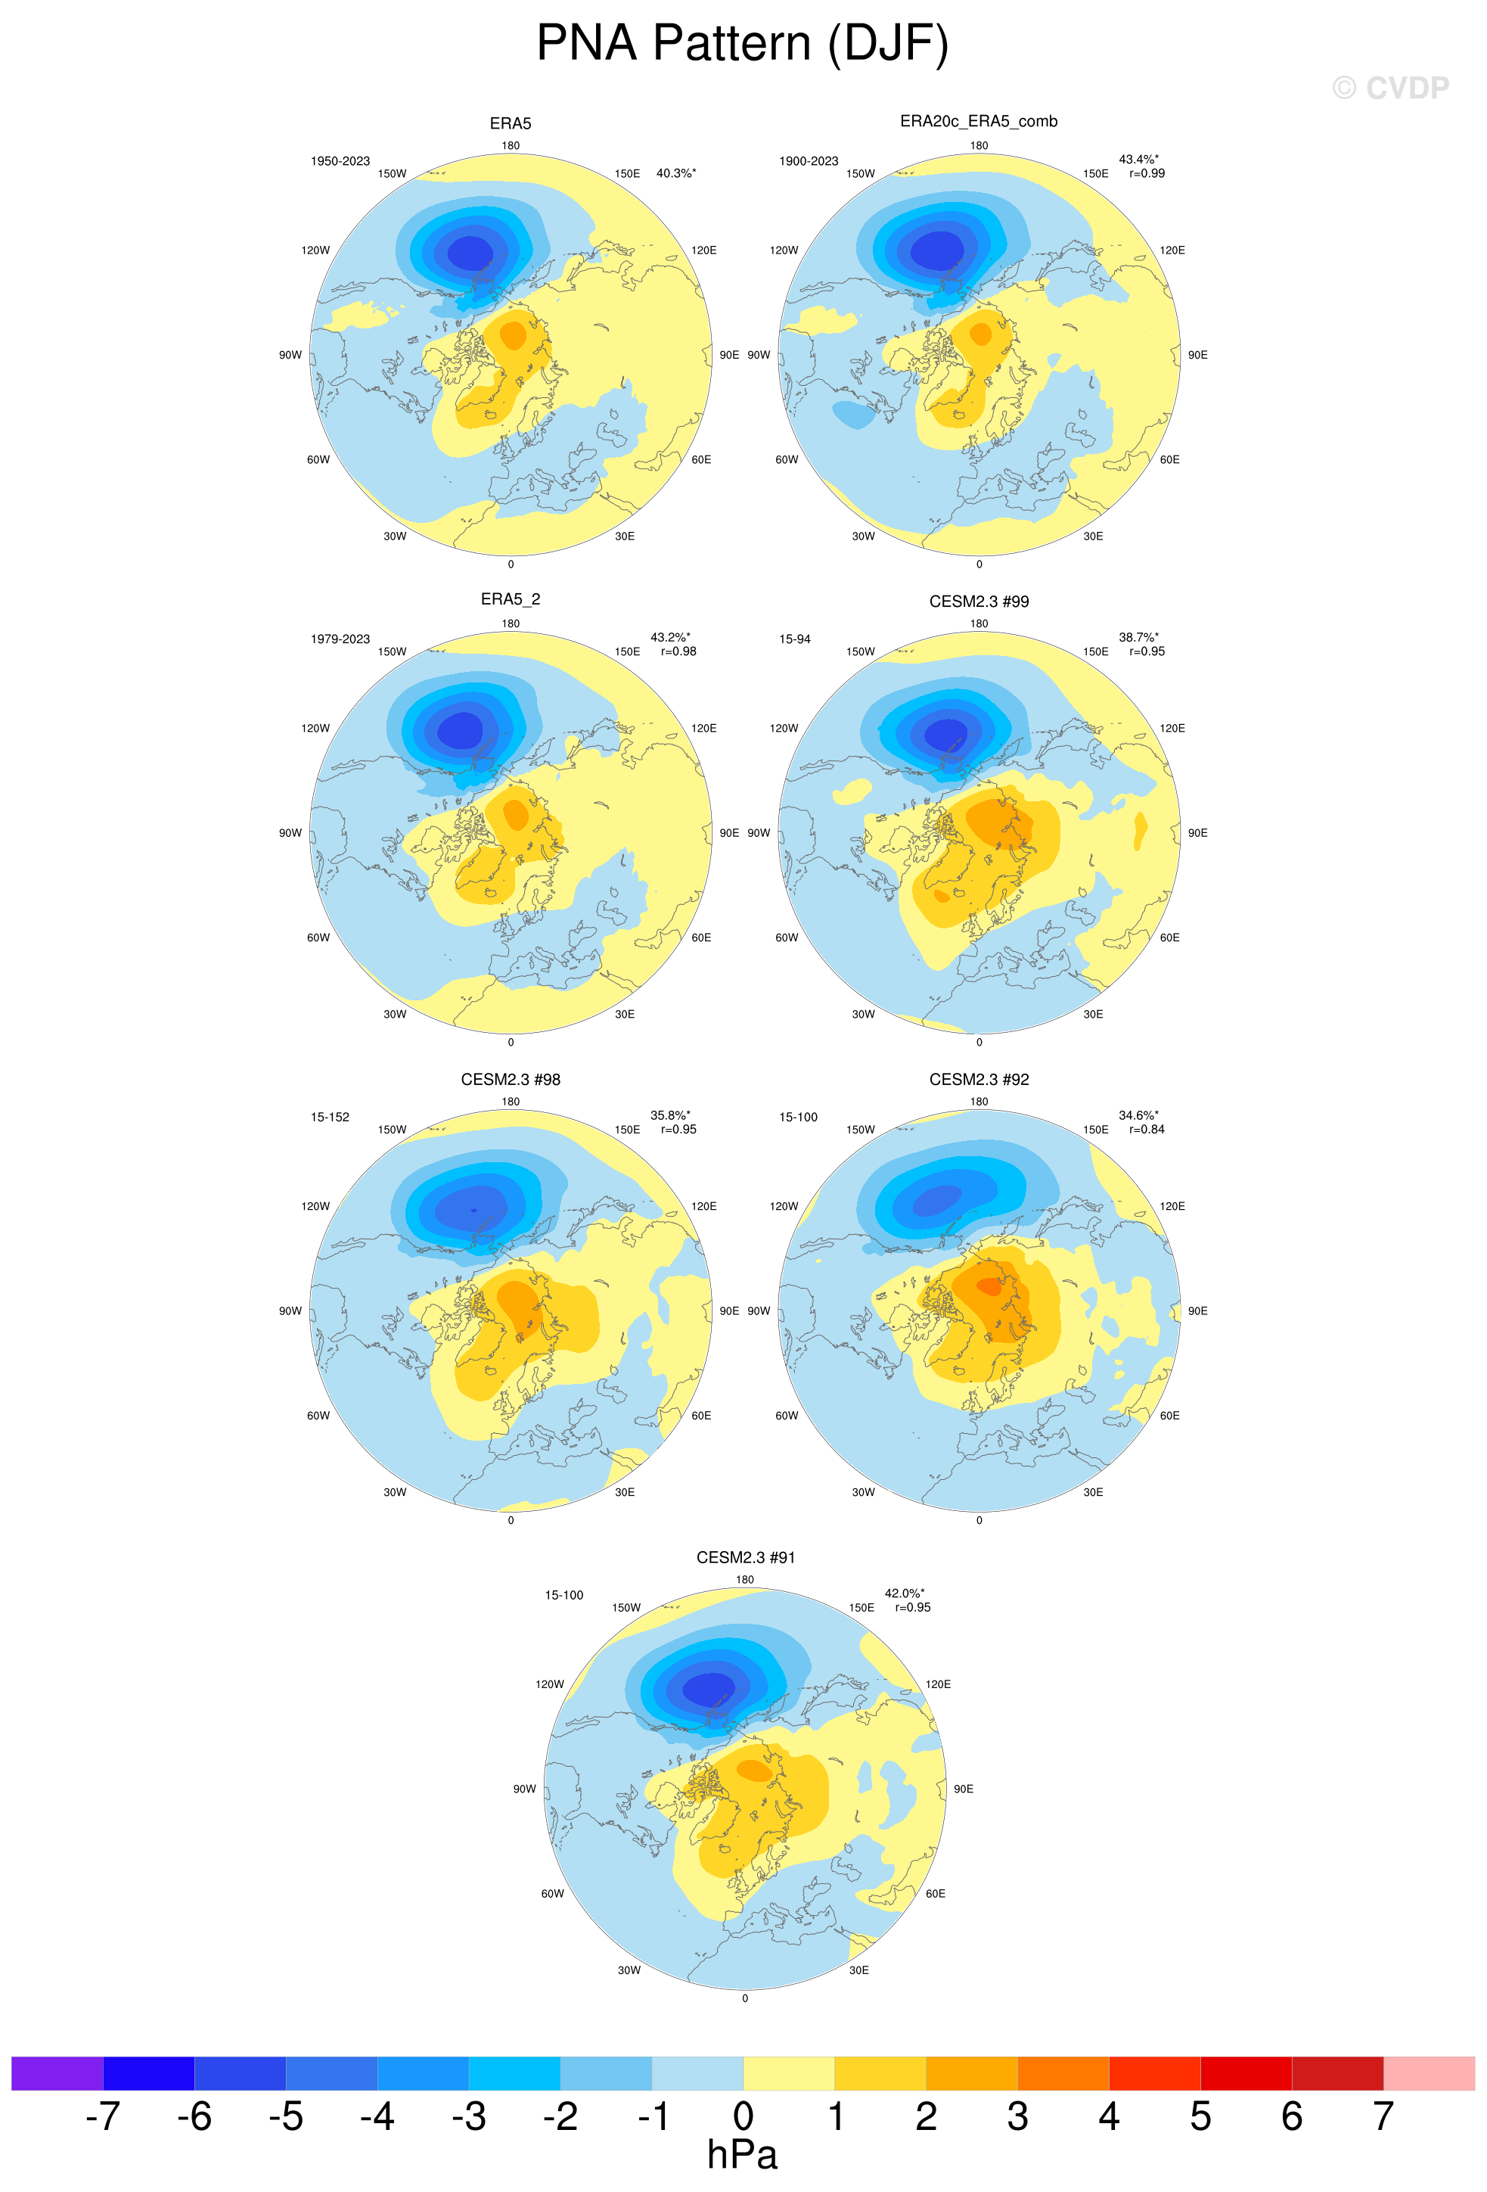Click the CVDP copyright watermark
[x=1390, y=88]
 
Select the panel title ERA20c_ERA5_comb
[x=978, y=121]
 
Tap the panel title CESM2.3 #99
[x=979, y=601]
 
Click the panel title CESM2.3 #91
[x=745, y=1557]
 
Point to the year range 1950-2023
[x=340, y=161]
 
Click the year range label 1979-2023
[x=340, y=639]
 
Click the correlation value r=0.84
[x=1147, y=1129]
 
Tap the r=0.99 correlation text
[x=1147, y=173]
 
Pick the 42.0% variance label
[x=903, y=1593]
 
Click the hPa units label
[x=742, y=2155]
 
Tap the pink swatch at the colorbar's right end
[x=1429, y=2073]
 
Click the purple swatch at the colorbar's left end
[x=57, y=2073]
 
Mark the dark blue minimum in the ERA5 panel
[x=470, y=253]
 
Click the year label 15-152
[x=330, y=1117]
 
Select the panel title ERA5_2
[x=510, y=599]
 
